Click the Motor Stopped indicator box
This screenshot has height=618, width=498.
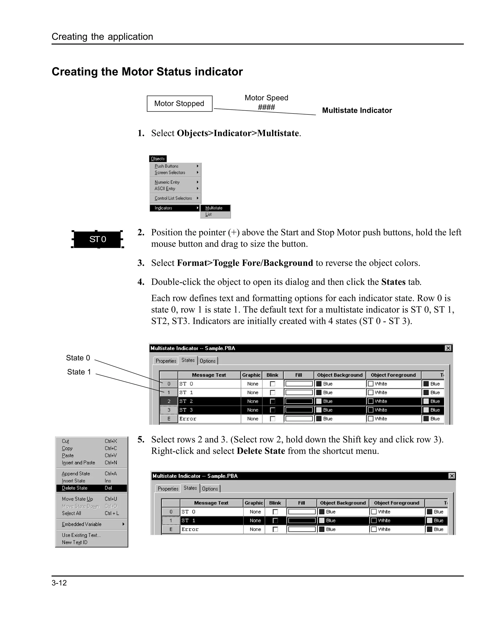coord(179,104)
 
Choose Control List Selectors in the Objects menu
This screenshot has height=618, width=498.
coord(174,198)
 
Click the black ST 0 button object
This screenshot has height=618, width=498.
coord(98,239)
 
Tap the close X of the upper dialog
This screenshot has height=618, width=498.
coord(448,348)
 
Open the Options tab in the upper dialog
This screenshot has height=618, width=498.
coord(208,361)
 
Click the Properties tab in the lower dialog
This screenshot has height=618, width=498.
coord(168,489)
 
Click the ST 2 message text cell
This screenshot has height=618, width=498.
coord(209,401)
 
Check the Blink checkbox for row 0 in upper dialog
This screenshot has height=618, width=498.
coord(273,384)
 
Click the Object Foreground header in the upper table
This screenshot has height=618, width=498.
coord(393,375)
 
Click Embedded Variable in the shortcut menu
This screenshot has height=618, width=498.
coord(82,524)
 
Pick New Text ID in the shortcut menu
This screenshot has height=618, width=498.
coord(75,542)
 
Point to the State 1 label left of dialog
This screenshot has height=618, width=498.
coord(79,372)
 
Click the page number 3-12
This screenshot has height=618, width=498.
coord(59,583)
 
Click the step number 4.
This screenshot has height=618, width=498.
coord(141,282)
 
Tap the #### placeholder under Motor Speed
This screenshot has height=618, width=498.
coord(266,107)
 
